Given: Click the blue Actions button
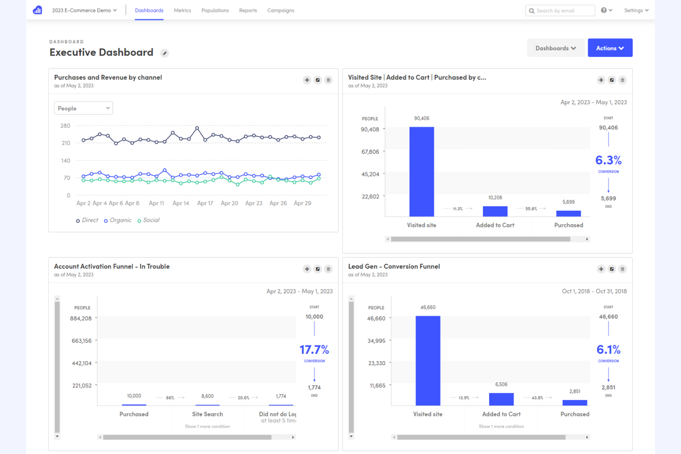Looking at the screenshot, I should (x=610, y=48).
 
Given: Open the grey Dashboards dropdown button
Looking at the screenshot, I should (x=555, y=48).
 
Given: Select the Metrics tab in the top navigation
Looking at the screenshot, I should (x=182, y=10).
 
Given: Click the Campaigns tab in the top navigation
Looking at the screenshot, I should (x=281, y=10).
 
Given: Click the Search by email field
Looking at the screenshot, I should (x=560, y=11).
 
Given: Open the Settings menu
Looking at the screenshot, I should (x=636, y=10).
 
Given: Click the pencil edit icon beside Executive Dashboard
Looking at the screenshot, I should (x=164, y=53).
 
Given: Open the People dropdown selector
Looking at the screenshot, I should (x=83, y=108).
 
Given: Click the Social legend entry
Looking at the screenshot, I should (x=149, y=220).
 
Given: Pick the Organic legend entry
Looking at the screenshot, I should (x=118, y=220).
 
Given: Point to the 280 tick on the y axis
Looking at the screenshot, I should (x=65, y=126).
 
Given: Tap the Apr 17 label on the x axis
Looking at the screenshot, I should (x=205, y=203).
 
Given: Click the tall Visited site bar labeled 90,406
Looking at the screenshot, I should (x=421, y=172).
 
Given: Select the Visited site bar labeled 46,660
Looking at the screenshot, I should (x=427, y=361).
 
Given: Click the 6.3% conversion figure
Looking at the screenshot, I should (x=608, y=160).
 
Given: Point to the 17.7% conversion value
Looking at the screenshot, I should (x=314, y=350).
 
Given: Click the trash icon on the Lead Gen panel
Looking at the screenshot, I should (x=622, y=269).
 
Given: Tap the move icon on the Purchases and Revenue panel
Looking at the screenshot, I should (x=307, y=80).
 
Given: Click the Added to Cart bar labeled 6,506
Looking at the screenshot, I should (x=501, y=399).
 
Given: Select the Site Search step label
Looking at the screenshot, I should (x=207, y=414).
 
